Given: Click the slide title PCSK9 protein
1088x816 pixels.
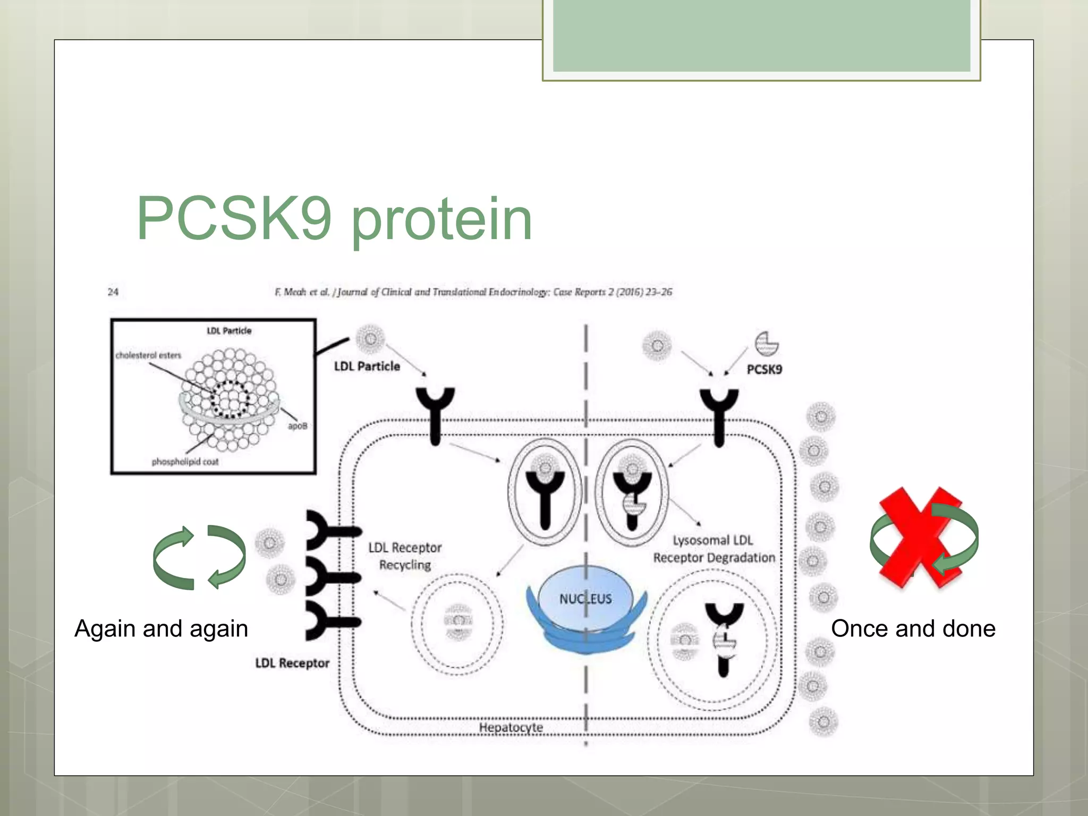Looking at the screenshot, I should point(334,219).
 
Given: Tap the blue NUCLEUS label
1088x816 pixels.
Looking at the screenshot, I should point(585,599).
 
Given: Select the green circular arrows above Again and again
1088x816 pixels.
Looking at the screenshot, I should point(199,557).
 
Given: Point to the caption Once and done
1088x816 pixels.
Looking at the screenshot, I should point(913,628).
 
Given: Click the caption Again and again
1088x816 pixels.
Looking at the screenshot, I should point(161,628).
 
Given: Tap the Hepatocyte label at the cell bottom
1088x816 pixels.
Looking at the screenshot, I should point(511,727).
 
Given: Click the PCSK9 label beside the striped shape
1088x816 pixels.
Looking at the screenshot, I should point(764,369).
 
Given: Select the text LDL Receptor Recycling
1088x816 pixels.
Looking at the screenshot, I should point(405,556).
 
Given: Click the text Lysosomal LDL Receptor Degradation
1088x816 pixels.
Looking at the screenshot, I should point(713,549).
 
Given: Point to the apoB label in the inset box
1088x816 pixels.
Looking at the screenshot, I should point(297,426).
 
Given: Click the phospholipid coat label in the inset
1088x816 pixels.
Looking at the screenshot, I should point(185,462).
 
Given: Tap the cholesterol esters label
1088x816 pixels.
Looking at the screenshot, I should point(148,355).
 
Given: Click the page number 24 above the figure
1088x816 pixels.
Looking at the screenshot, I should point(113,292).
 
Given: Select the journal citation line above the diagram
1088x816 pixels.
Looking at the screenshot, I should point(473,292).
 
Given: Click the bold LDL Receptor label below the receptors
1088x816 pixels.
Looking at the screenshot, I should point(292,663).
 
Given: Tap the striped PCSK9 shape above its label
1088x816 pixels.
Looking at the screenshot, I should point(766,344).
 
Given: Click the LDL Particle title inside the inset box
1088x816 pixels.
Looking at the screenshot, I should point(229,330).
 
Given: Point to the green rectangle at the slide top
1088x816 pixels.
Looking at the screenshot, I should point(761,35).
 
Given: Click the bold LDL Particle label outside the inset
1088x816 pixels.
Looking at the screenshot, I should point(367,366).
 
